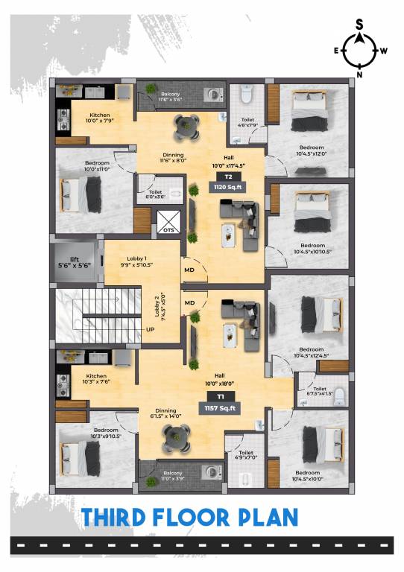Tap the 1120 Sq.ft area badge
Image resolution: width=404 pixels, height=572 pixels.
point(224,188)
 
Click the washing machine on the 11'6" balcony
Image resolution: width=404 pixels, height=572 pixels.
point(215,95)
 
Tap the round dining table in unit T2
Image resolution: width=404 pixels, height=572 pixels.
point(184,127)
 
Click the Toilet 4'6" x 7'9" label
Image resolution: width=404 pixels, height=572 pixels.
point(247,122)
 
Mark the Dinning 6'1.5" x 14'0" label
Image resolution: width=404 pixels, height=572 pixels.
point(165,413)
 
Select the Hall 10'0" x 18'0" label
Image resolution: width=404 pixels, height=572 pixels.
point(220,380)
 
